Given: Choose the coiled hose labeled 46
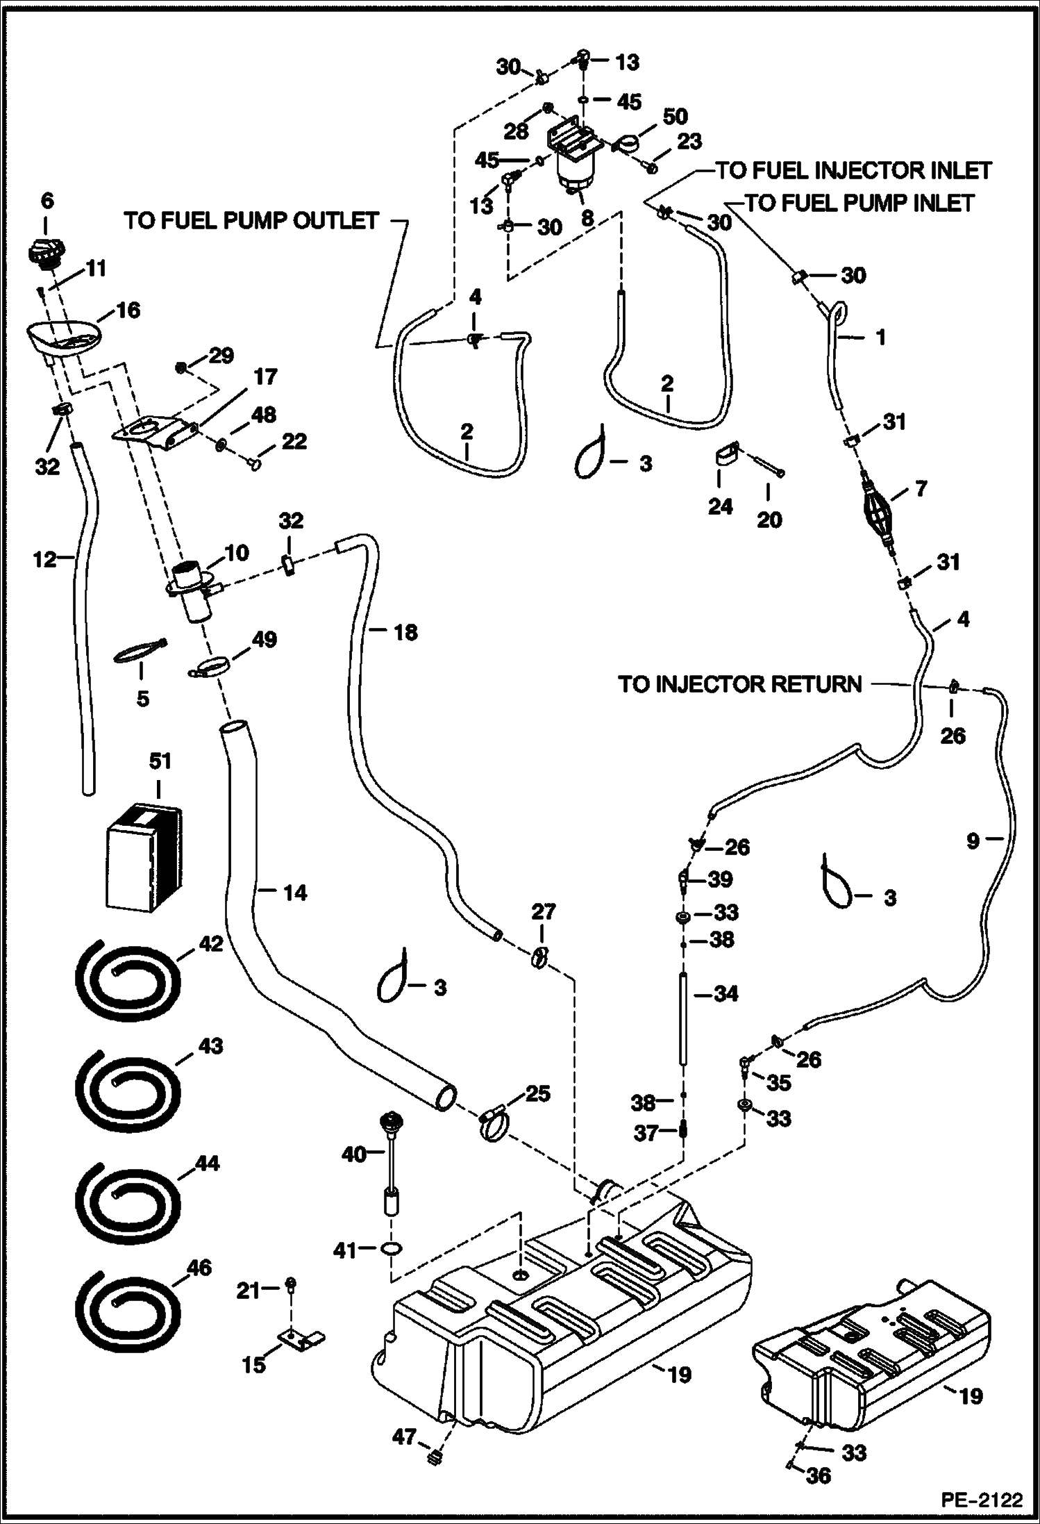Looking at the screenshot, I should click(x=126, y=1311).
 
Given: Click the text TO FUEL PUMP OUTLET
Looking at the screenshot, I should click(x=251, y=221).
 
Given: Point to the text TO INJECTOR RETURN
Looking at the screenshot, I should click(x=739, y=684).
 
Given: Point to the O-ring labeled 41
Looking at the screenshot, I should click(x=392, y=1250).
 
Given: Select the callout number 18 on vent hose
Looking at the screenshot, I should click(x=405, y=632).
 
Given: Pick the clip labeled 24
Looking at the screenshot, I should click(x=725, y=459).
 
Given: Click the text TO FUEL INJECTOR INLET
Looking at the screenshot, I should click(x=853, y=170).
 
